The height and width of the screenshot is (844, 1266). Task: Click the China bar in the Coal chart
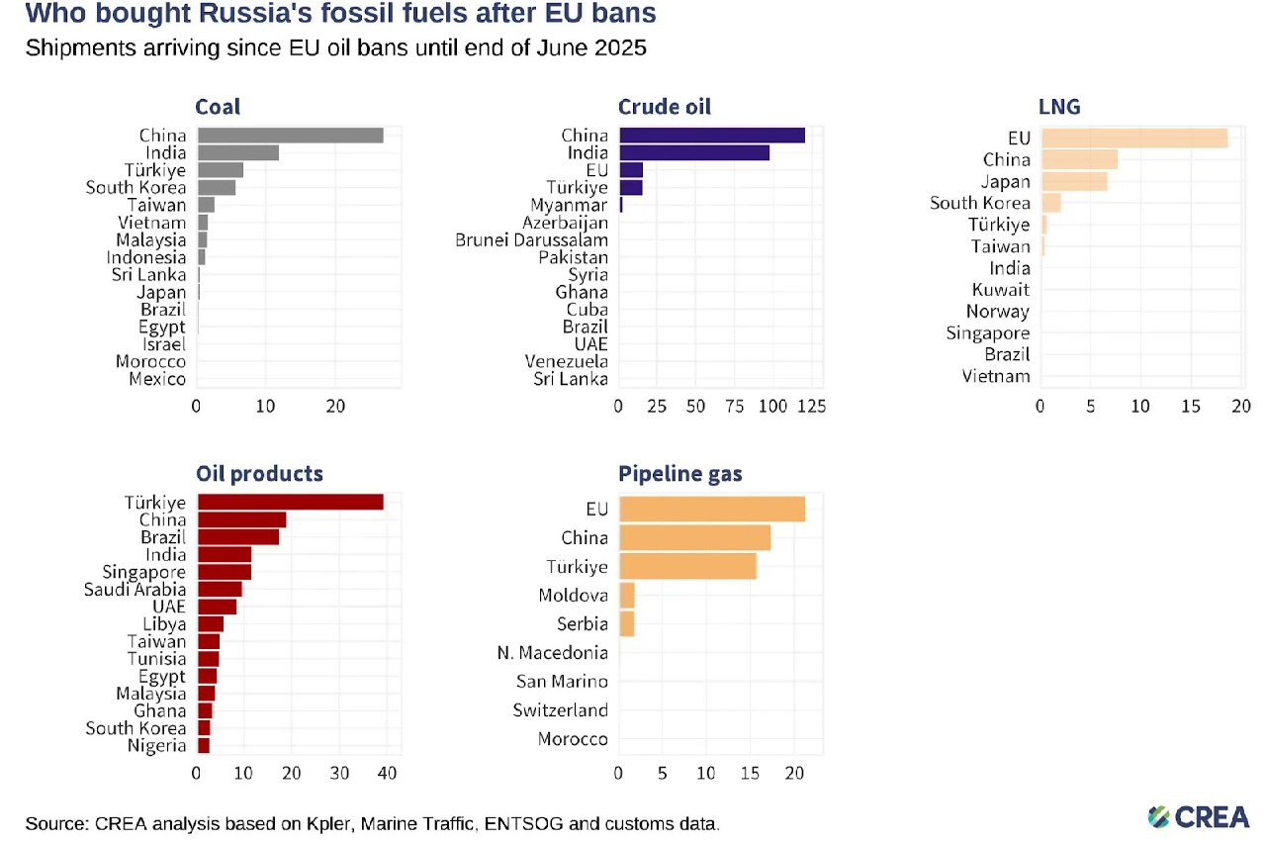coord(290,136)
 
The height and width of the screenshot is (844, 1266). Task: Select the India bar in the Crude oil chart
coord(693,152)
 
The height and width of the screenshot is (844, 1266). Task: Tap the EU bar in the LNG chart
coord(1133,139)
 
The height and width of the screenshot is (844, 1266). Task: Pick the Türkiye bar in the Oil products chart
coord(290,503)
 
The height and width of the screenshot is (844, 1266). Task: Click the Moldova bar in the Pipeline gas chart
coord(627,596)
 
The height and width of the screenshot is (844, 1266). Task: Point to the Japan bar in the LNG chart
coord(1073,182)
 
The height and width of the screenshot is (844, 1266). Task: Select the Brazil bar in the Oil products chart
coord(238,537)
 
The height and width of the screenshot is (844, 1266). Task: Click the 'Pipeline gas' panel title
coord(680,474)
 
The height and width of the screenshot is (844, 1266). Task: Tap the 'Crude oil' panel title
coord(665,107)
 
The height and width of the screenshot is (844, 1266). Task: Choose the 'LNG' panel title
coord(1060,107)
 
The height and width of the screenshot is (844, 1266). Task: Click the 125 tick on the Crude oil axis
coord(810,406)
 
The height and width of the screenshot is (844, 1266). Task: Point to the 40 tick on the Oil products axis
coord(387,773)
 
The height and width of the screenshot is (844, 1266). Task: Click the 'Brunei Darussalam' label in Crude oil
coord(531,239)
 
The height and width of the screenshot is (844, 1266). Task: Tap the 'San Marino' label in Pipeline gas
coord(562,682)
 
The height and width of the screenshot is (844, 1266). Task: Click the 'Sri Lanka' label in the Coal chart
coord(148,275)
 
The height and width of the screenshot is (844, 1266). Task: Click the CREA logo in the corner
coord(1198,816)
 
